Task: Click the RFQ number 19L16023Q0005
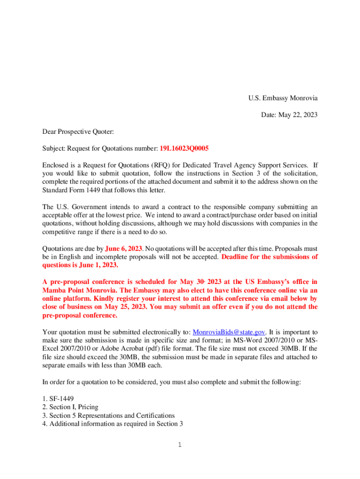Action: pyautogui.click(x=184, y=148)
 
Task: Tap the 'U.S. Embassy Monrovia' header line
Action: pyautogui.click(x=283, y=98)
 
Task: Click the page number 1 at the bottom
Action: pyautogui.click(x=180, y=444)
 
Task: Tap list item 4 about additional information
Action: pyautogui.click(x=112, y=424)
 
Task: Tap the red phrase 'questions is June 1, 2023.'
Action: pyautogui.click(x=80, y=265)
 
